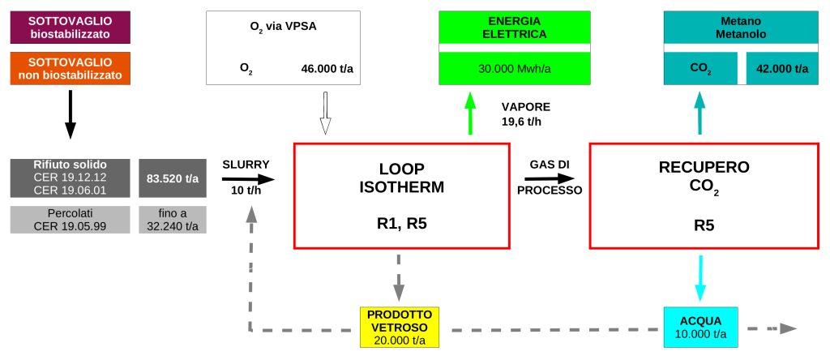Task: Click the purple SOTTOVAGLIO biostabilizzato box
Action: click(x=70, y=28)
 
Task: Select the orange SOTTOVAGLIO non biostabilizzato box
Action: click(x=70, y=68)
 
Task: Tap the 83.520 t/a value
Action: click(x=173, y=178)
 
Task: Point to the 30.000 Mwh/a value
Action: click(x=515, y=69)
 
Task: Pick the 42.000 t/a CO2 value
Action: click(x=781, y=69)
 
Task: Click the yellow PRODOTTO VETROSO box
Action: click(x=399, y=327)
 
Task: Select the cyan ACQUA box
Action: click(x=700, y=328)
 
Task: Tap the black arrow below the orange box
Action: click(x=70, y=114)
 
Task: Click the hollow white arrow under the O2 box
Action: click(x=325, y=113)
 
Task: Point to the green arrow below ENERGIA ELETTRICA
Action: click(x=469, y=113)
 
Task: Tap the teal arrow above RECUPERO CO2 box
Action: click(x=700, y=113)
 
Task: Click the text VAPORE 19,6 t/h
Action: click(x=525, y=114)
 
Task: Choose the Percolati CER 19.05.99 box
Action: click(x=70, y=220)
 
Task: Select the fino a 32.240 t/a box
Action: click(x=173, y=220)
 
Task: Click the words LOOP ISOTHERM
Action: click(x=401, y=178)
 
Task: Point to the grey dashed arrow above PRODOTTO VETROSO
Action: click(x=399, y=278)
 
